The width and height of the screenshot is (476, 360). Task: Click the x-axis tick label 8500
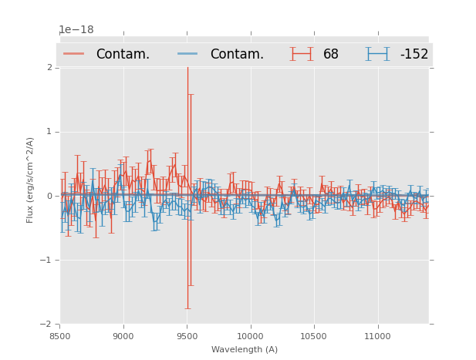click(59, 336)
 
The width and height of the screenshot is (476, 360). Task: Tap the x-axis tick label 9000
click(123, 336)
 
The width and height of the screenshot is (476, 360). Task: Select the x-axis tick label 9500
click(187, 336)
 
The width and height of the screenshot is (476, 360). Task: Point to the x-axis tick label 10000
click(250, 336)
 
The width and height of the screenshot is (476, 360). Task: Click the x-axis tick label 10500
click(313, 336)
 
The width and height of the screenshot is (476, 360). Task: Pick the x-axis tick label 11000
click(376, 336)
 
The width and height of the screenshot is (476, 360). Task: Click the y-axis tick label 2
click(49, 68)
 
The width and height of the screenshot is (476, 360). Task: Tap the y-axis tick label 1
click(49, 132)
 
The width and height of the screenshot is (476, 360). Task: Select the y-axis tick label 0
click(49, 196)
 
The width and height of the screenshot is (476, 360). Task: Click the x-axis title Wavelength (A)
click(245, 349)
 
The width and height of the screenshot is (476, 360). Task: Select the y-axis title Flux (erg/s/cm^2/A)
click(31, 180)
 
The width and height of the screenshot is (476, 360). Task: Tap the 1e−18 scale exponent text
click(76, 30)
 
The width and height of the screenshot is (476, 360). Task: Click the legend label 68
click(330, 55)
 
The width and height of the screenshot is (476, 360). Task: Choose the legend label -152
click(414, 55)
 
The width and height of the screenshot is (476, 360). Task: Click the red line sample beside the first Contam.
click(74, 54)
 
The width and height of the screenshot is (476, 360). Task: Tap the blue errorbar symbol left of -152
click(377, 54)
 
